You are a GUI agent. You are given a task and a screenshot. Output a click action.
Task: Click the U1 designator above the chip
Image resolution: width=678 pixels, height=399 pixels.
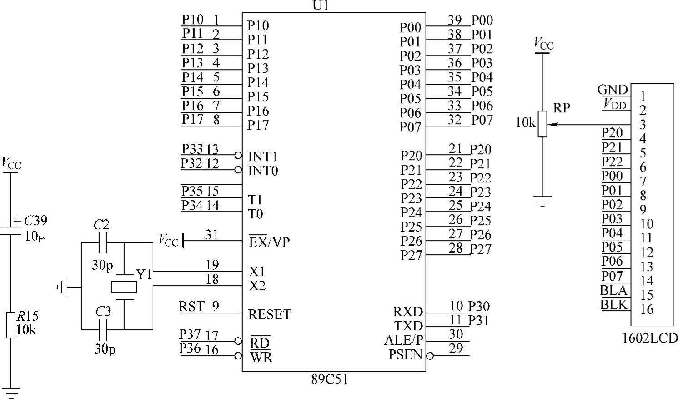(320, 5)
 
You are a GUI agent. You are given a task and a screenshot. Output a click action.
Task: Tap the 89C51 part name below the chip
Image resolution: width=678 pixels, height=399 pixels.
(330, 379)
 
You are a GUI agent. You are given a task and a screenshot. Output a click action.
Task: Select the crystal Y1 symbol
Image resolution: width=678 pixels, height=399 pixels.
(124, 287)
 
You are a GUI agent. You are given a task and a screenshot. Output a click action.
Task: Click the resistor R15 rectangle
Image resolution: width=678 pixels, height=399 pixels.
(11, 325)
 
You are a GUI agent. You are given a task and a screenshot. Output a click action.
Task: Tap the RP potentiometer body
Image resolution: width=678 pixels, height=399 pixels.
(542, 124)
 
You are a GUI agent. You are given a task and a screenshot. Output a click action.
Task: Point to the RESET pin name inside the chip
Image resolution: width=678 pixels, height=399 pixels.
(269, 314)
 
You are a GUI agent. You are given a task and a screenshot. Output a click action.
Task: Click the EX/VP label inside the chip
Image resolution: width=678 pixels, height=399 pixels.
(269, 242)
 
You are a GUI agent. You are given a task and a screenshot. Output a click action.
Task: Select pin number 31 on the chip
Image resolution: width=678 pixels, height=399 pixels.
(212, 235)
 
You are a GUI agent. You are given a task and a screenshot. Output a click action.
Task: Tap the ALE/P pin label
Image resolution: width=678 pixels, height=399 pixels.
(403, 340)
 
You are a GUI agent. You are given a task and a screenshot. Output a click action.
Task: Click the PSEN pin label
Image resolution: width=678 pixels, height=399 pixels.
(405, 354)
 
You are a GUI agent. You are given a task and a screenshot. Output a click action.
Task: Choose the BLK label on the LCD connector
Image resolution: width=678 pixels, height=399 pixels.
(614, 304)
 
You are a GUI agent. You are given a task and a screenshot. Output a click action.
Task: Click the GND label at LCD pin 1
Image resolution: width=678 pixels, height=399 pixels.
(613, 90)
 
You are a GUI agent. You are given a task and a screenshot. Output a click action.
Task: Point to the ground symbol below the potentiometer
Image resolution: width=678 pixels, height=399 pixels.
(542, 201)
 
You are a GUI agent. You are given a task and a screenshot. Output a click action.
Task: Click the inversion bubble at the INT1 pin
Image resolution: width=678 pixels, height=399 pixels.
(238, 156)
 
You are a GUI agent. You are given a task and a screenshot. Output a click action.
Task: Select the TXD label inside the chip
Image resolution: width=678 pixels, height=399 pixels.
(408, 326)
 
